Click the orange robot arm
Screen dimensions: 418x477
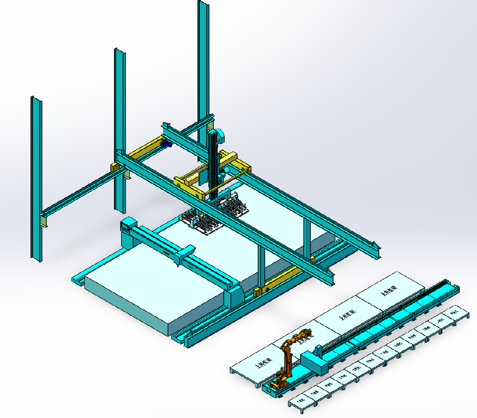coord(288,357)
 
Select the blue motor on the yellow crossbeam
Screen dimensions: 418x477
coord(166,144)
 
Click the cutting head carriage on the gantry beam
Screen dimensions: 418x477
coord(185,254)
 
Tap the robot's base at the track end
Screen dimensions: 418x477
coord(276,386)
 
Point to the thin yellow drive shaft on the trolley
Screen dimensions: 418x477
coord(224,184)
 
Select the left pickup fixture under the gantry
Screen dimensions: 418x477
coord(200,222)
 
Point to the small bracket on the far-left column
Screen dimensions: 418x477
coord(44,222)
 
